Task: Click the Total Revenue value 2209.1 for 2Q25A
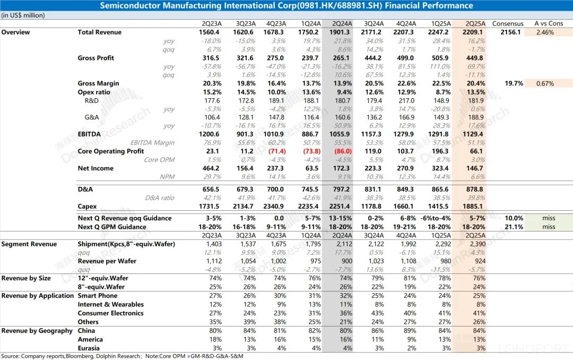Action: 474,32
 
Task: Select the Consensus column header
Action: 508,23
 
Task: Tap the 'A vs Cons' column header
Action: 549,23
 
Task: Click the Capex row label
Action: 88,207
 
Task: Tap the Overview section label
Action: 15,32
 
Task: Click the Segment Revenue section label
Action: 29,244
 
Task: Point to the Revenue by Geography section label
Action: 37,331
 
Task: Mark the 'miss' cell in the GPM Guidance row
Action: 549,227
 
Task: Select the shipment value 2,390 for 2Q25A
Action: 475,244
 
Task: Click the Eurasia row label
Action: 90,348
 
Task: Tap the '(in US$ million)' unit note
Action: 23,15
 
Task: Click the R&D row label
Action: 92,100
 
